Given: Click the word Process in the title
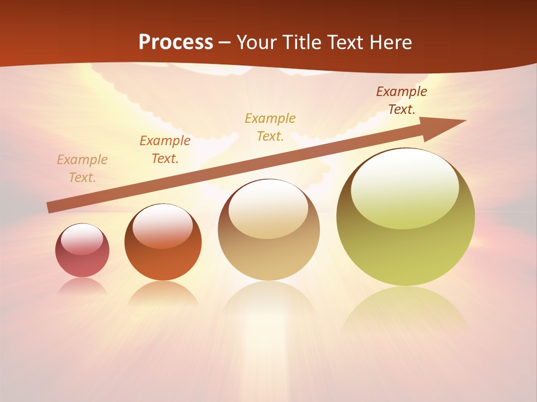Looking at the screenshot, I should tap(176, 42).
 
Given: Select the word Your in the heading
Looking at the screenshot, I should tap(256, 42).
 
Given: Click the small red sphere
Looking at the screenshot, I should tap(82, 251).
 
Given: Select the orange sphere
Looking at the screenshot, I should tap(163, 242).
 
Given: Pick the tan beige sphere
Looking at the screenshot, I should tap(268, 230).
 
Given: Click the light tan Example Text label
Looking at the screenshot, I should tap(82, 168).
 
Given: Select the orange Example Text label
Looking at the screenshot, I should tap(165, 149).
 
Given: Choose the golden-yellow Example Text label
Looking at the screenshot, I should tap(270, 127).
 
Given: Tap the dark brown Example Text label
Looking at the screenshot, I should tap(402, 100).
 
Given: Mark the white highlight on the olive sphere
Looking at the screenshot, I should tap(404, 187).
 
